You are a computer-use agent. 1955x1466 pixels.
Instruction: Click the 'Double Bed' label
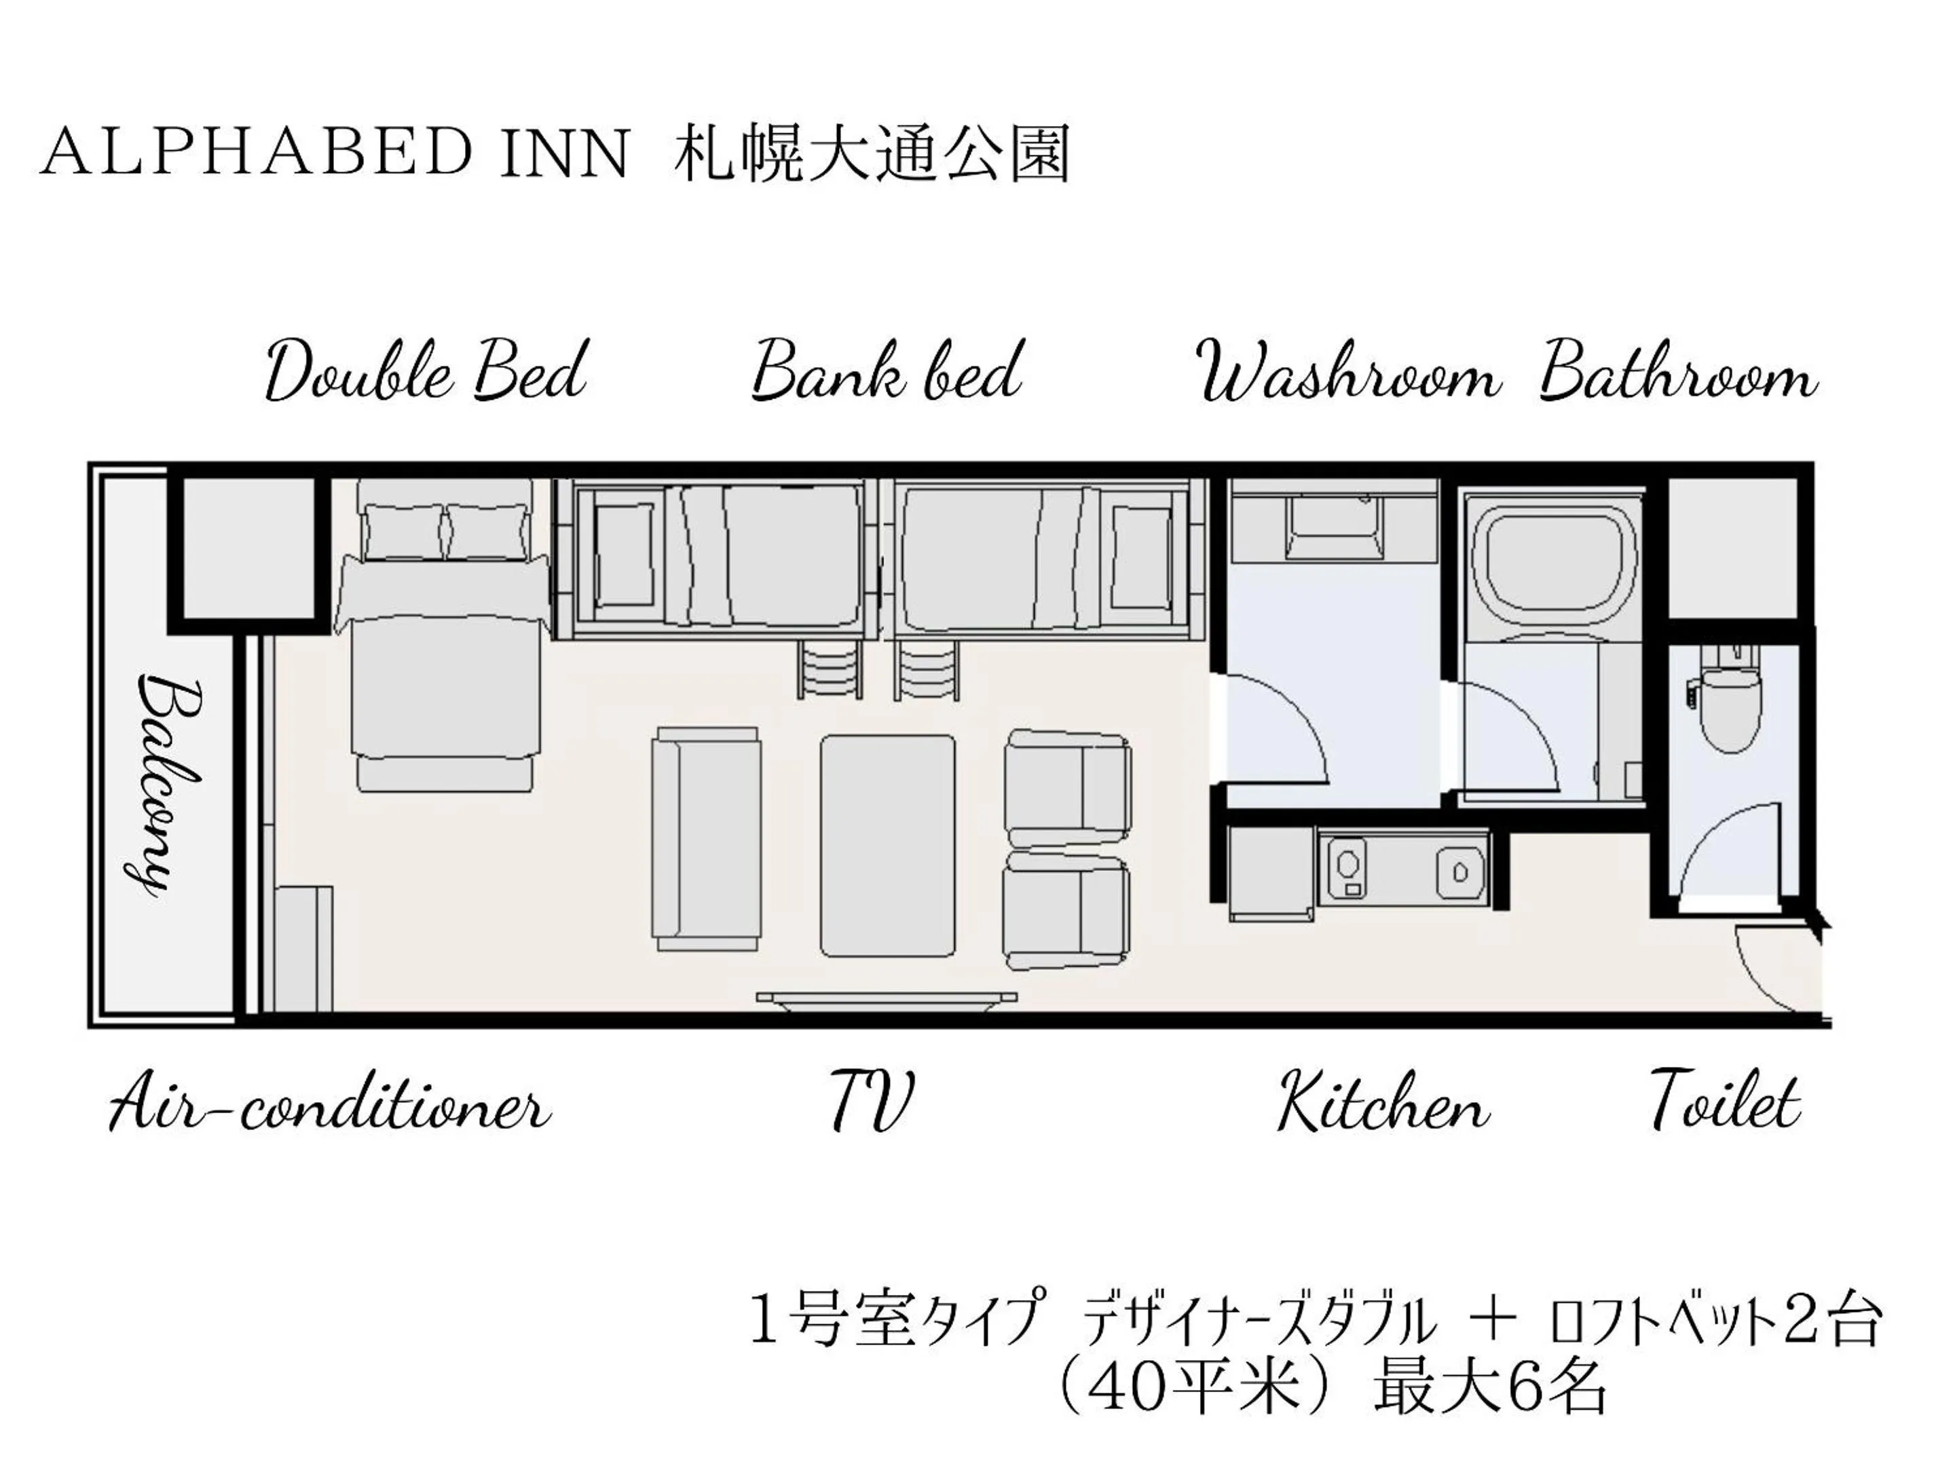point(426,372)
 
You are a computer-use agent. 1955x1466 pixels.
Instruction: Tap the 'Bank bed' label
point(887,372)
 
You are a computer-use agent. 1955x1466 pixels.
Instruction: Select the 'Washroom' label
point(1349,375)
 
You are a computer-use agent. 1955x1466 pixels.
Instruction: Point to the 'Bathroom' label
point(1677,375)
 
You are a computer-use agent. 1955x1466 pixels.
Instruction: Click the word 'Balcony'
point(168,785)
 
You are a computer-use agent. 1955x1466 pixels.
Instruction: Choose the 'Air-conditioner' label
point(329,1103)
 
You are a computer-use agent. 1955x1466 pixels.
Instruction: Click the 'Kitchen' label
point(1384,1103)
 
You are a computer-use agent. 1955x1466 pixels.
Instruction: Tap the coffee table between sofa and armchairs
point(887,846)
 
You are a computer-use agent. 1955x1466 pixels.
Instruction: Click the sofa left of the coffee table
point(705,840)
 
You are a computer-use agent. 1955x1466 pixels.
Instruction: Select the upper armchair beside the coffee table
point(1068,787)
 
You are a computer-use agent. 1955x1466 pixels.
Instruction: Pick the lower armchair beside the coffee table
point(1068,909)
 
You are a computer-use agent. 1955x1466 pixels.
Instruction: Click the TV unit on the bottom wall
point(887,998)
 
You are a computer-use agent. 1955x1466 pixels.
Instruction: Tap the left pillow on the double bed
point(404,532)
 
